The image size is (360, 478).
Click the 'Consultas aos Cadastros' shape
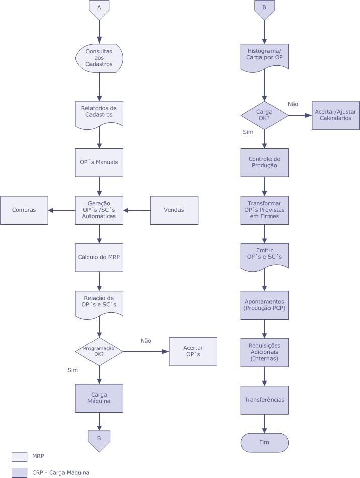click(x=99, y=58)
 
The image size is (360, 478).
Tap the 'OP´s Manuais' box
click(x=99, y=162)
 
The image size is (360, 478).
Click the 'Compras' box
click(x=24, y=210)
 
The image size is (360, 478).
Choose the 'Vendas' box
click(x=174, y=210)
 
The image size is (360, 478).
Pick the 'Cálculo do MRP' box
click(x=99, y=257)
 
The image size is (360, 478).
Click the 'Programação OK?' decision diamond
click(x=99, y=351)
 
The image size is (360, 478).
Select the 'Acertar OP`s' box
click(x=193, y=351)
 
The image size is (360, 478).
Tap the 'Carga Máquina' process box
click(x=99, y=398)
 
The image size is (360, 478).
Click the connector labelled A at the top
click(x=99, y=9)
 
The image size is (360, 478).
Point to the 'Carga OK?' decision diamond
click(x=264, y=115)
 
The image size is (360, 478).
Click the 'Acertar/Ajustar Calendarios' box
click(x=336, y=115)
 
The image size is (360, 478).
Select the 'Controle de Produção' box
click(x=264, y=162)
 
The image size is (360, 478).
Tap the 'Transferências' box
click(x=264, y=400)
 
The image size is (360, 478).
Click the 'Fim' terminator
click(x=264, y=442)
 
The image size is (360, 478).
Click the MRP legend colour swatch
click(x=19, y=456)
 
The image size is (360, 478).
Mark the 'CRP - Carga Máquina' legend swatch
click(x=19, y=472)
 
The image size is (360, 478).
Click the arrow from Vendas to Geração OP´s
click(x=137, y=210)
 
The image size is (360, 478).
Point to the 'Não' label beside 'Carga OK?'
click(x=293, y=104)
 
